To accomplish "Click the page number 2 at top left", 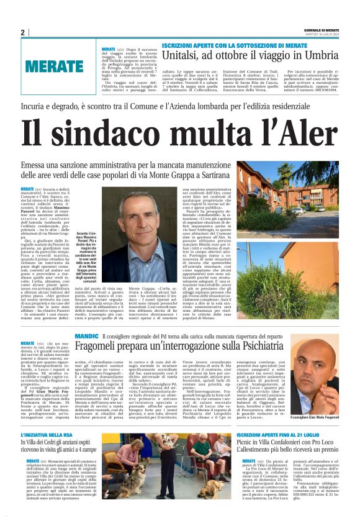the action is pyautogui.click(x=22, y=32).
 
